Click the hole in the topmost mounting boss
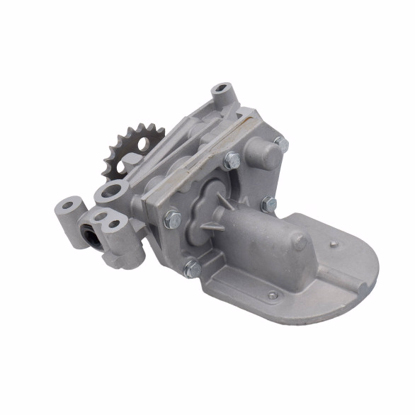[224, 92]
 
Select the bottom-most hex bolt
[191, 268]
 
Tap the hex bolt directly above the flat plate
[268, 205]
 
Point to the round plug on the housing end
[300, 241]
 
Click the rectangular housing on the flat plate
[262, 241]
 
